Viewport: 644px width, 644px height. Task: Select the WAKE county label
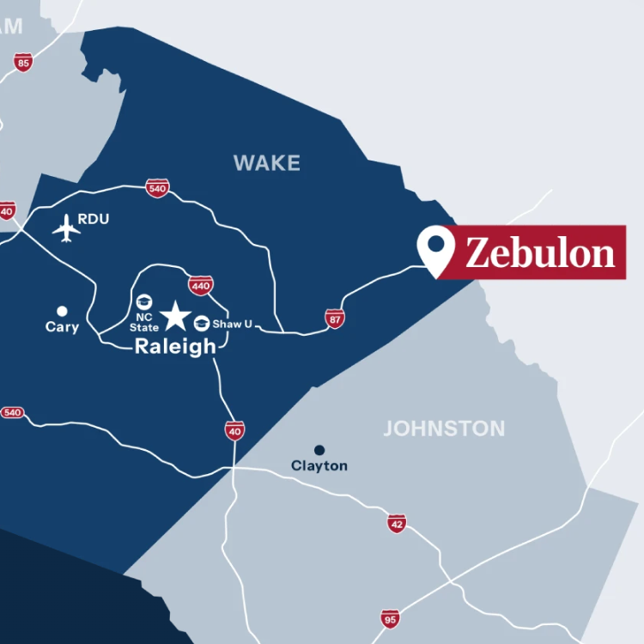tap(267, 163)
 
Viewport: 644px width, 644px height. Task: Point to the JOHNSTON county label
tap(444, 428)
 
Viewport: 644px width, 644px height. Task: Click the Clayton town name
tap(319, 465)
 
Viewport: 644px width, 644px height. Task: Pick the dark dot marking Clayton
tap(319, 449)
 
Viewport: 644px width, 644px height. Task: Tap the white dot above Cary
tap(62, 311)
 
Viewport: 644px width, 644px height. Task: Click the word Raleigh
tap(176, 346)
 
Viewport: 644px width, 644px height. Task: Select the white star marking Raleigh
tap(176, 315)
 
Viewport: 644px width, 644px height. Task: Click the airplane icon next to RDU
tap(66, 228)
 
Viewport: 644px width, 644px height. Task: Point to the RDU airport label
tap(94, 219)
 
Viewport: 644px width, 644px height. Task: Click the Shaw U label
tap(232, 324)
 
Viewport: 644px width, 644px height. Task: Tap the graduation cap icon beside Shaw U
tap(202, 323)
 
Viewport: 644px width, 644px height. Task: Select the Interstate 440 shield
tap(200, 285)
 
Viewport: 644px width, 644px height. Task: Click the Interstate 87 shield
tap(335, 319)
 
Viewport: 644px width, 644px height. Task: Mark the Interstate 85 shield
tap(23, 62)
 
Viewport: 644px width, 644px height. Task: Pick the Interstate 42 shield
tap(396, 524)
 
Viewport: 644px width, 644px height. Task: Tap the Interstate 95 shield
tap(391, 618)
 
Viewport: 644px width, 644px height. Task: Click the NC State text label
tap(144, 322)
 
